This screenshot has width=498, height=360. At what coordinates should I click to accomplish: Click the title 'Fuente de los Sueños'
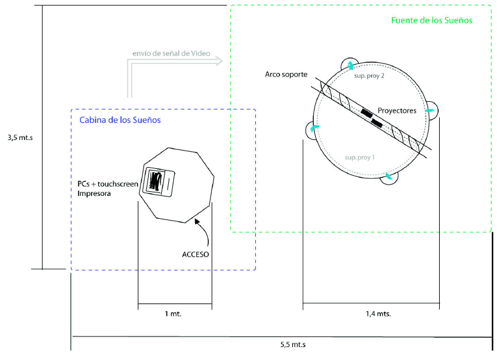pyautogui.click(x=432, y=20)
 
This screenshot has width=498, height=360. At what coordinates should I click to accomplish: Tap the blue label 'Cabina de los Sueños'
pyautogui.click(x=119, y=119)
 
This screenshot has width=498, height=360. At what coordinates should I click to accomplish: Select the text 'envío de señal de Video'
pyautogui.click(x=171, y=54)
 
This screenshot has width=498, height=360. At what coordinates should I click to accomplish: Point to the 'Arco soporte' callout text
pyautogui.click(x=286, y=75)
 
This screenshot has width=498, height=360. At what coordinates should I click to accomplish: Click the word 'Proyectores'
pyautogui.click(x=397, y=110)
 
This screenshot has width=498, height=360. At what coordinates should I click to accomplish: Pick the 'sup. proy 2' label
pyautogui.click(x=369, y=76)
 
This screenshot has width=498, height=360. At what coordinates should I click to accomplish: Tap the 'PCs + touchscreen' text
pyautogui.click(x=108, y=184)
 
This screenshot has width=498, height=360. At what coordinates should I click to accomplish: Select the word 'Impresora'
pyautogui.click(x=95, y=193)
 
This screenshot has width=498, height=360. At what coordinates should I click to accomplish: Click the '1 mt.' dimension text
pyautogui.click(x=173, y=314)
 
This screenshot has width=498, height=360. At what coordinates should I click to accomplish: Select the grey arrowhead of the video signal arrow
pyautogui.click(x=218, y=60)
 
